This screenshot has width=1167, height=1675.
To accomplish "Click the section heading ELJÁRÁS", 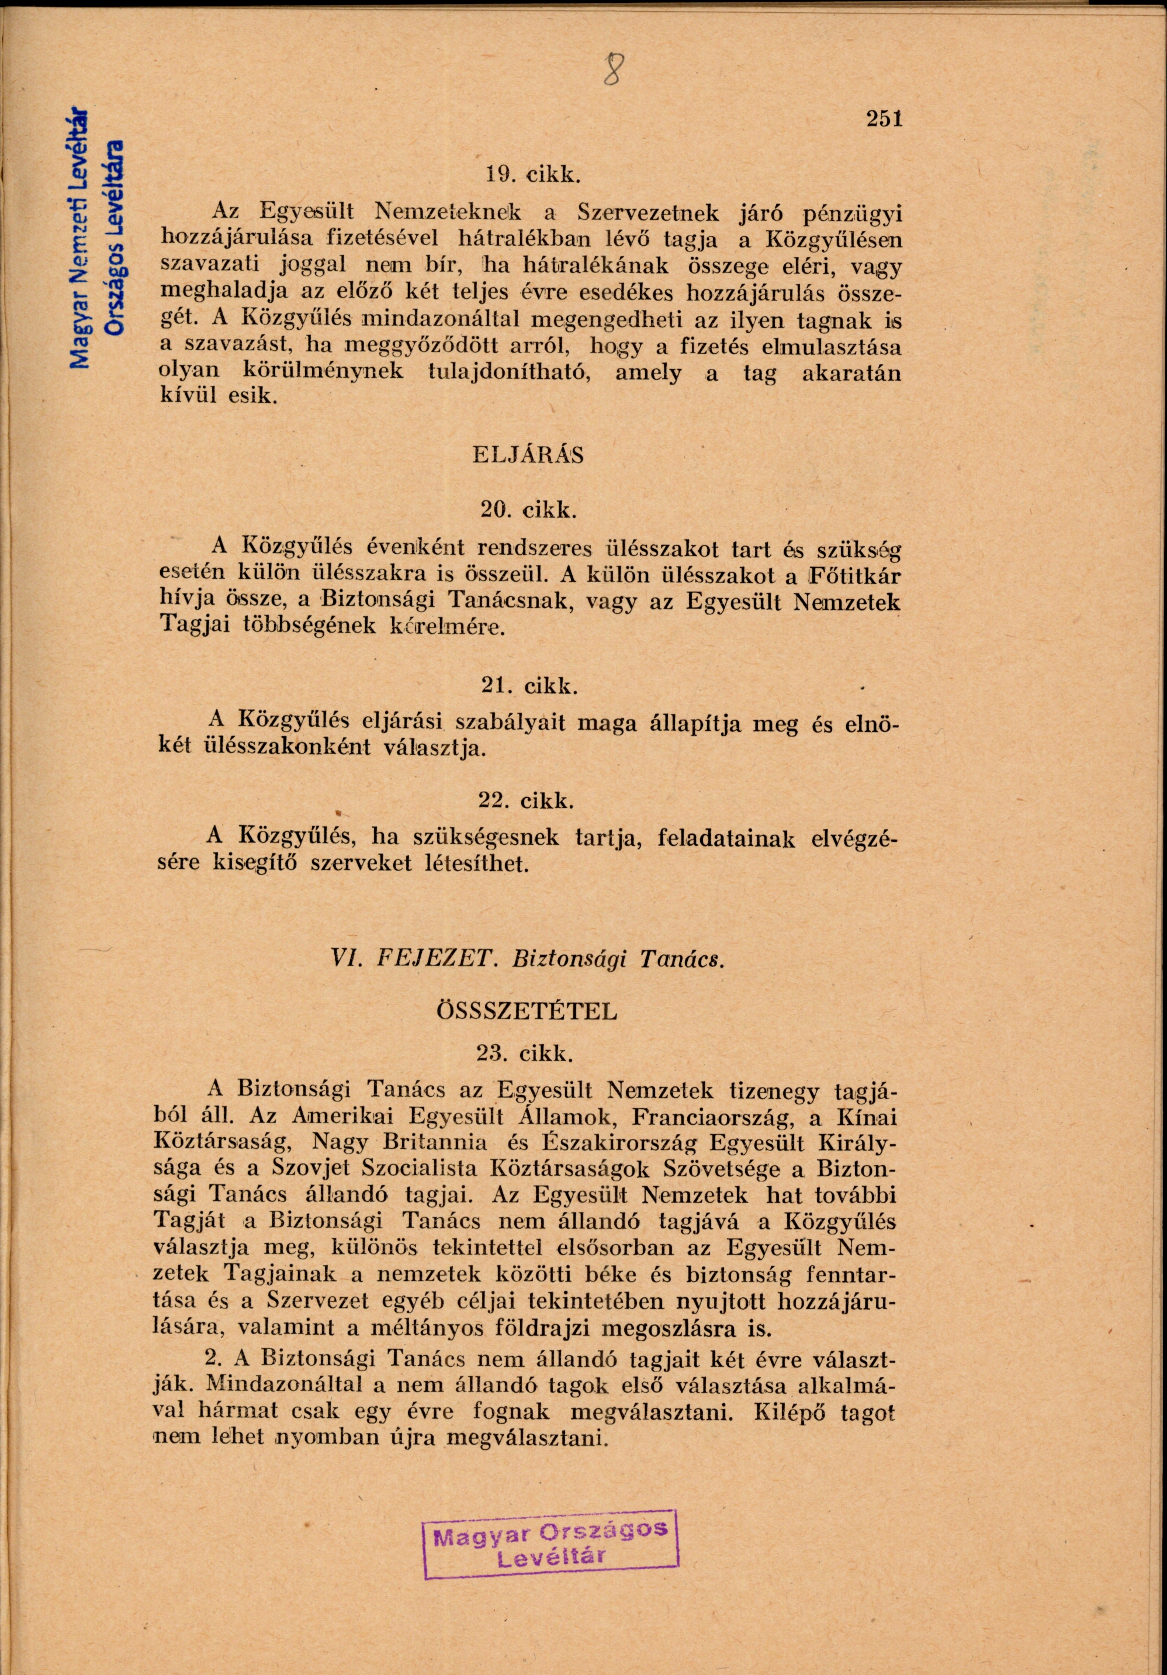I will point(529,455).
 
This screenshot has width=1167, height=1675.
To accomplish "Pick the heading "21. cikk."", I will point(530,686).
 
